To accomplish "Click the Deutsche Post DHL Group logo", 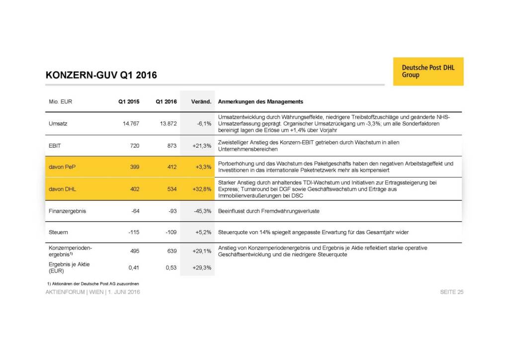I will [x=428, y=71].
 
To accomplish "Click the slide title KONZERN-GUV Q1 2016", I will [x=101, y=76].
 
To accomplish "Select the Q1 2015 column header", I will [x=129, y=101].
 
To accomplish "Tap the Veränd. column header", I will [x=201, y=101].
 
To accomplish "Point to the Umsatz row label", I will [x=59, y=123].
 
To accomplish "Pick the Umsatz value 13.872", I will [x=167, y=123].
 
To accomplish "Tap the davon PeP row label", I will [x=62, y=167].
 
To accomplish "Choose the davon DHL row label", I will [x=62, y=189].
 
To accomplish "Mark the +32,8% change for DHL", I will [x=201, y=189].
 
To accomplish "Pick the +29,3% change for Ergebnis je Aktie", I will [x=201, y=268].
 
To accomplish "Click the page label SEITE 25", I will [x=451, y=292].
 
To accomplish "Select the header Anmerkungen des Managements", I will [x=260, y=101].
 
